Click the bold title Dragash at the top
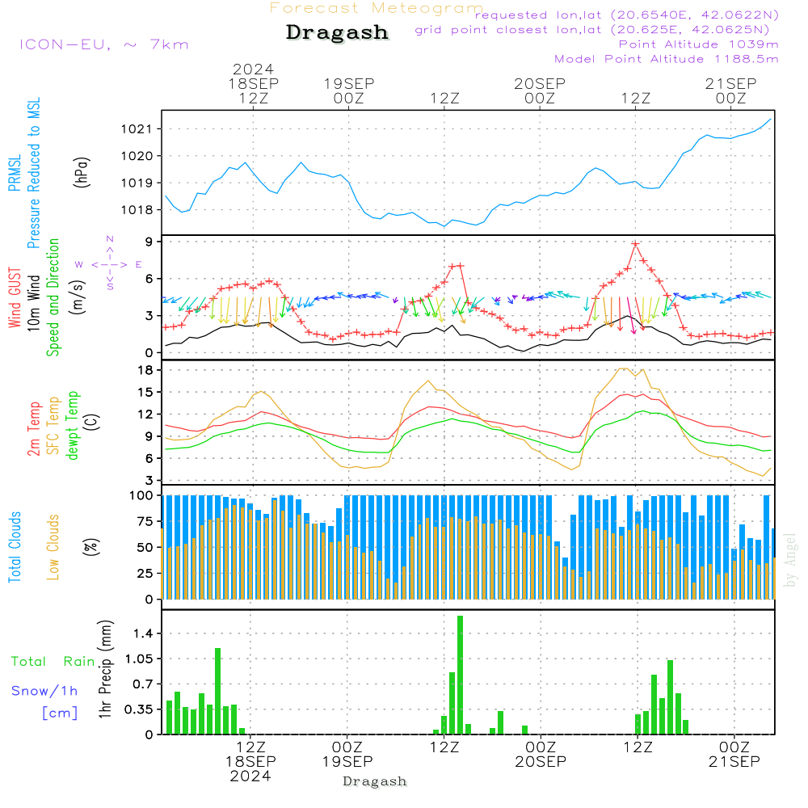[x=337, y=33]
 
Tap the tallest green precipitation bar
[x=460, y=675]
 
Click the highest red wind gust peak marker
[x=636, y=243]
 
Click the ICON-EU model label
[x=103, y=44]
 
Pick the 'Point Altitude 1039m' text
[x=698, y=44]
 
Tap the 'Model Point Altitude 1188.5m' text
[x=666, y=59]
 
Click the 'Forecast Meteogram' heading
[x=376, y=8]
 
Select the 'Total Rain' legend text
[x=53, y=661]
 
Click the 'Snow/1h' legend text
[x=44, y=691]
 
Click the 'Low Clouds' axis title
[x=54, y=546]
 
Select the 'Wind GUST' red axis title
[x=15, y=300]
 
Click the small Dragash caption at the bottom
[x=374, y=781]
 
